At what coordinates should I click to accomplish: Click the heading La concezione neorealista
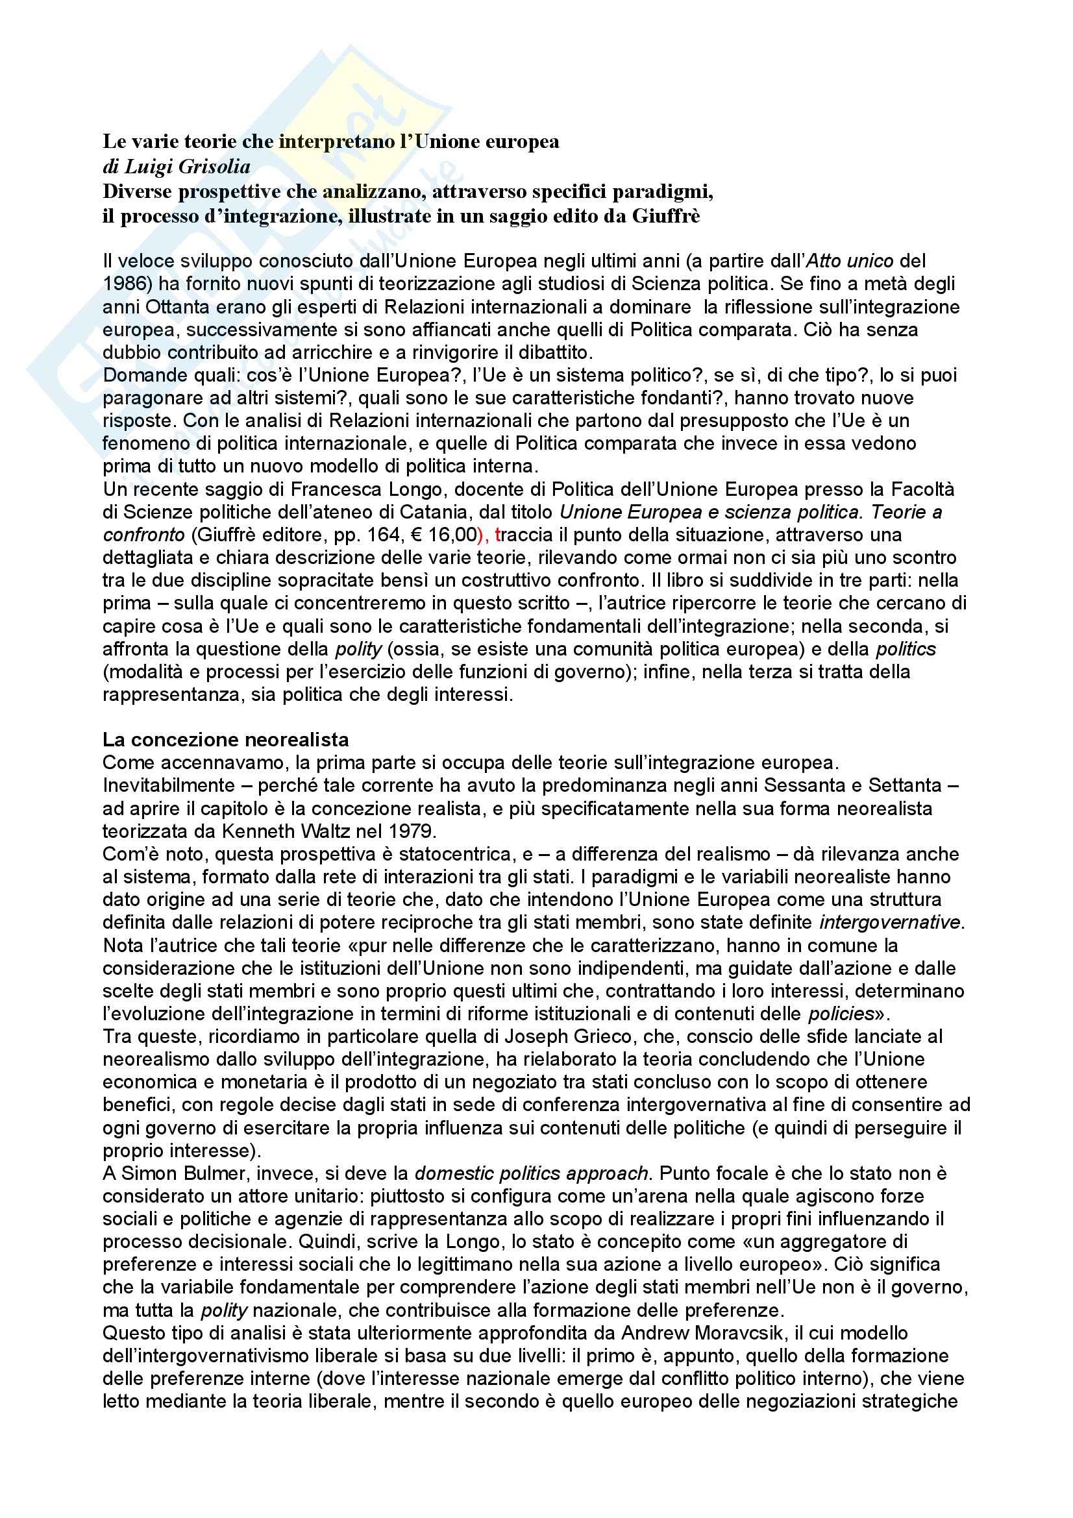(x=225, y=739)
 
